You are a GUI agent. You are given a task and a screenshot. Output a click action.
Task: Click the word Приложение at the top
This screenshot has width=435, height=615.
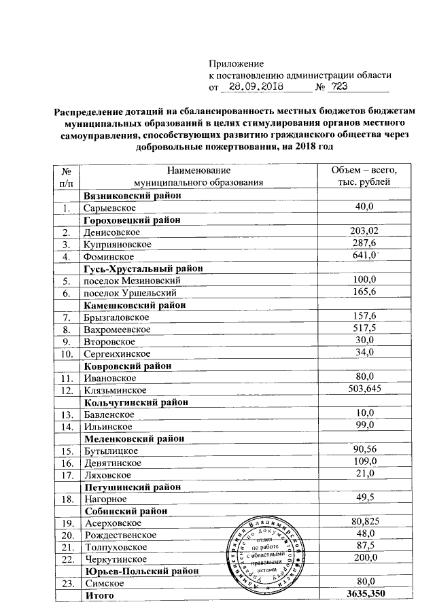(x=231, y=63)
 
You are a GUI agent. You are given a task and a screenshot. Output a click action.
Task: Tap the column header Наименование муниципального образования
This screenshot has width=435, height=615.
(x=198, y=176)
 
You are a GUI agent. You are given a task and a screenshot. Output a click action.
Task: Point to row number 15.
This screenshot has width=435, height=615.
(x=66, y=451)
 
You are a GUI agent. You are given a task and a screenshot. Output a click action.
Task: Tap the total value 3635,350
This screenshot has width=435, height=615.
(x=363, y=596)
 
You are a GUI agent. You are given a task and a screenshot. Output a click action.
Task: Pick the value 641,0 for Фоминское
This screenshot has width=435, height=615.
(x=363, y=256)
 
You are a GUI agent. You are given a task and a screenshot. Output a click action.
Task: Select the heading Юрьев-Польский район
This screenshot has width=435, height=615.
(x=139, y=572)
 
